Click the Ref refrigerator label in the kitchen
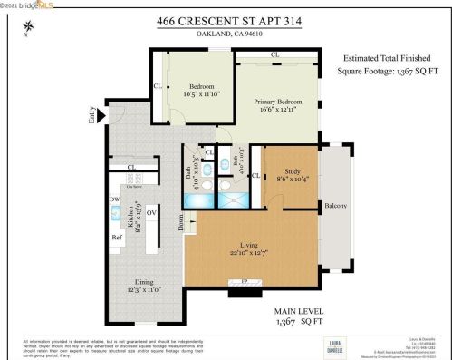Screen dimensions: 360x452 (117, 237)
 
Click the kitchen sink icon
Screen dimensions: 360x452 (116, 213)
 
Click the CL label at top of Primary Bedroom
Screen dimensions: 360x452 (274, 55)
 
